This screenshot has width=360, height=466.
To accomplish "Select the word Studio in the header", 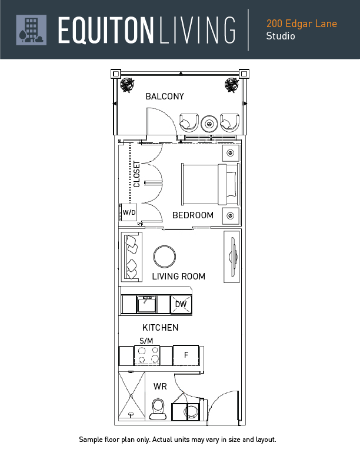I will pos(281,36).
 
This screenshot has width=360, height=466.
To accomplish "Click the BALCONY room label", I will pos(165,96).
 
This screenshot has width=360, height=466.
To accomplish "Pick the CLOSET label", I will pos(137,174).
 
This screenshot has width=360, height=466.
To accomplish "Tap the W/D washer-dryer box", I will pos(129,212).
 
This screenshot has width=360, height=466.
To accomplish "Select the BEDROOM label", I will pos(192,215).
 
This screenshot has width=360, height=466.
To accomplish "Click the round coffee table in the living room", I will pos(164,257).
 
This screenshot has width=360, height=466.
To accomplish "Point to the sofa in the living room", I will pos(132,257).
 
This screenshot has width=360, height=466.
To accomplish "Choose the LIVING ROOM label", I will pos(178,277).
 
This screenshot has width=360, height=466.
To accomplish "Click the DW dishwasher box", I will pos(181,304).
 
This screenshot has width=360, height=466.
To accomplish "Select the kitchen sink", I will pos(146,304).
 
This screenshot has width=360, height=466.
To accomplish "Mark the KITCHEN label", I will pos(160,328).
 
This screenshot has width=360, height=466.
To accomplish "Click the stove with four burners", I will pos(147,356).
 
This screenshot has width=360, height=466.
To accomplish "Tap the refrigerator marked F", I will pos(186,355).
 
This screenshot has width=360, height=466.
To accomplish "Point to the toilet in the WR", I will pos(158,408).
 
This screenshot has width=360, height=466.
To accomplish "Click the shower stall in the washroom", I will pos(131,397).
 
